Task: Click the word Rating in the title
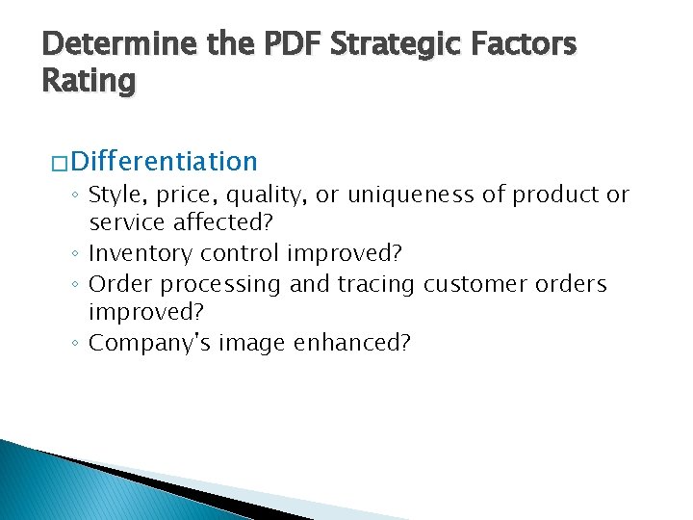click(x=89, y=81)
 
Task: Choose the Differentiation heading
click(x=164, y=160)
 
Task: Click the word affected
click(x=234, y=224)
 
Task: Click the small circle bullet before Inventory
click(x=75, y=255)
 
